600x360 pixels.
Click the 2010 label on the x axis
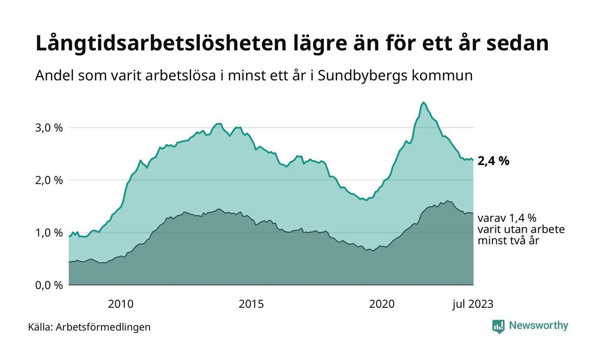(120, 304)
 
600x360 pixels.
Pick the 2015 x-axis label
(251, 304)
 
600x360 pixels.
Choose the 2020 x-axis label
(382, 304)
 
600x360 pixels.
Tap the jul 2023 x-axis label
(473, 304)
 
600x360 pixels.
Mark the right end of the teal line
(473, 160)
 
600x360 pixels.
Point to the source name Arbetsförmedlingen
(103, 327)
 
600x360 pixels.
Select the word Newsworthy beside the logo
(538, 326)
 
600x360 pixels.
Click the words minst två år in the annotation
(508, 241)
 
